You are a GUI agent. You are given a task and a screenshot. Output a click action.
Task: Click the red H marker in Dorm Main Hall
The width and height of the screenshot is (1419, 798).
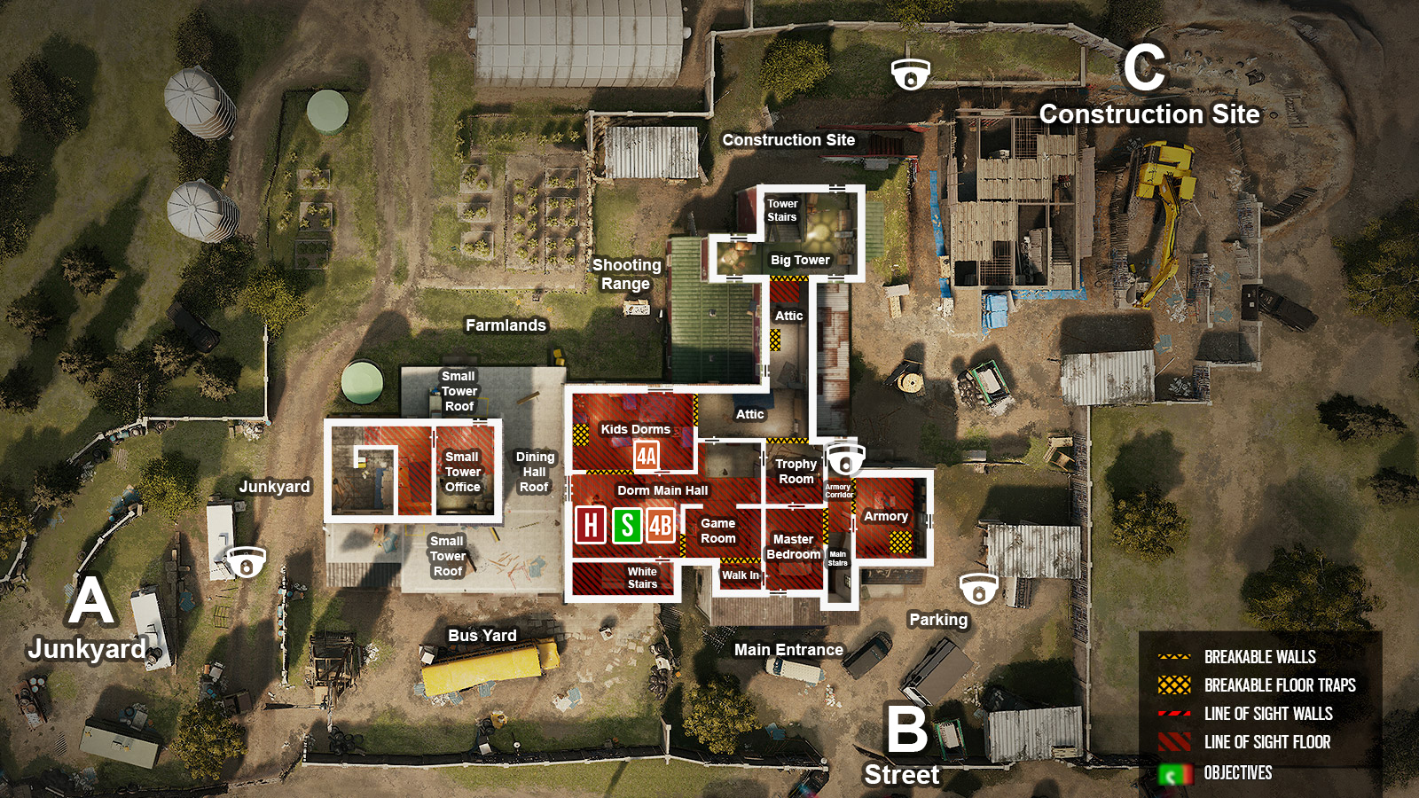coord(591,525)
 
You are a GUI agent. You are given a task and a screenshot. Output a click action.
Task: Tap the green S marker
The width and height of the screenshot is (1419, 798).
coord(627,525)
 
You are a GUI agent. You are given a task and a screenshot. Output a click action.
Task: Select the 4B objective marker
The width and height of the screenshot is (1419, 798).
coord(661,525)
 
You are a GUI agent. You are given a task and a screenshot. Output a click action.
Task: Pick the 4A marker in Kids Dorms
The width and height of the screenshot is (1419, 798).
coord(647,457)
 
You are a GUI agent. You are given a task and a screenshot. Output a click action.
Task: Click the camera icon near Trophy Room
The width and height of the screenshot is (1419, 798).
coord(844,459)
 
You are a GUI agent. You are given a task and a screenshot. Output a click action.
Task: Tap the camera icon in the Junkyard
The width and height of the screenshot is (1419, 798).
coord(246,562)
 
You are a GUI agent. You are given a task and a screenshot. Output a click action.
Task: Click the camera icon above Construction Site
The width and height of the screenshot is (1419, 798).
coord(911,75)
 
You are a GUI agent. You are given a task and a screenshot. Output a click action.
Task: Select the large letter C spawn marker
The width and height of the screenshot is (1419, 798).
coord(1144,68)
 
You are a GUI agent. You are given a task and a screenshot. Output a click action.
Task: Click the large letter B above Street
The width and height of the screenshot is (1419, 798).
coord(906,730)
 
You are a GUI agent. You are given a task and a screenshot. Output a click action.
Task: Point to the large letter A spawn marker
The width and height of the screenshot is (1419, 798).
coord(91,601)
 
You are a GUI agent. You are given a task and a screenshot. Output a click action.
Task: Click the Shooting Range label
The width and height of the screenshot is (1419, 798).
coord(626,274)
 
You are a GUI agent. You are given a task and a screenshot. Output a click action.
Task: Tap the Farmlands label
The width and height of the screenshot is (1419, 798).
coord(506,325)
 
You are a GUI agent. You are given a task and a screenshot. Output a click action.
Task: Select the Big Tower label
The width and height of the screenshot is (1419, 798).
coord(800,260)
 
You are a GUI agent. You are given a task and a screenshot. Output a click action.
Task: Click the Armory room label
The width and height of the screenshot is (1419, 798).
coord(885,516)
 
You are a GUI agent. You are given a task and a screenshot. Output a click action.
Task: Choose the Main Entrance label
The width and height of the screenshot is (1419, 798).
coord(788,650)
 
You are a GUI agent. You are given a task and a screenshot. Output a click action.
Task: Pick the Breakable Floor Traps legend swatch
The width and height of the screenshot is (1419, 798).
coord(1174,685)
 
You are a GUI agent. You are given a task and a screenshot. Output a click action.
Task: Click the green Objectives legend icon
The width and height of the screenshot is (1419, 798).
coord(1174,774)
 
